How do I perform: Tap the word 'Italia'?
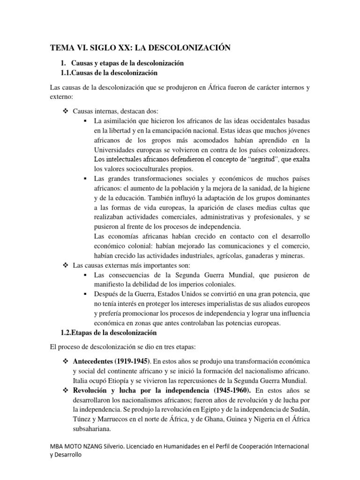pyautogui.click(x=82, y=380)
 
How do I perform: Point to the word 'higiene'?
pyautogui.click(x=298, y=189)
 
